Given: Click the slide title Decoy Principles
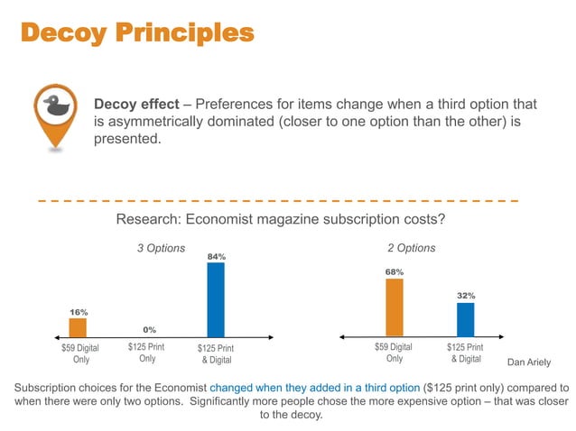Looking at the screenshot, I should coord(136,33).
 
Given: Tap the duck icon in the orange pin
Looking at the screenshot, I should coord(56,104).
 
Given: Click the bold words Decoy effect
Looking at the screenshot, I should coord(136,105).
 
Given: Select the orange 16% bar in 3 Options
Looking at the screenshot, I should coord(79,327).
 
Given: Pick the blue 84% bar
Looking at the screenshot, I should coord(216,300).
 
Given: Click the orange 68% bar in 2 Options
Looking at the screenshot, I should coord(395,307).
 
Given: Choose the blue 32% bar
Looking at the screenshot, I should coord(465,319).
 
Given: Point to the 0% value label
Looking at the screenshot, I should coord(149,329).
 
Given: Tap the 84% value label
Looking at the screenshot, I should coord(216,257).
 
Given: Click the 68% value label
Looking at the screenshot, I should coord(395,271).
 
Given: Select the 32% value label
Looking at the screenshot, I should coord(466,295).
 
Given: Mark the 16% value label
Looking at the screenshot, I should coord(79,312).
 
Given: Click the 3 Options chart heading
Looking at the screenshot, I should coord(161,248).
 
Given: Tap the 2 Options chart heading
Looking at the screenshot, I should coord(411,248).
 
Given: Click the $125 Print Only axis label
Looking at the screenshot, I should coord(148,353).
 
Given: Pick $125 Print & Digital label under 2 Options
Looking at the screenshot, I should coord(465,353).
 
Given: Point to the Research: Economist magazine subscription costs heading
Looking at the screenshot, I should coord(281,221).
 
